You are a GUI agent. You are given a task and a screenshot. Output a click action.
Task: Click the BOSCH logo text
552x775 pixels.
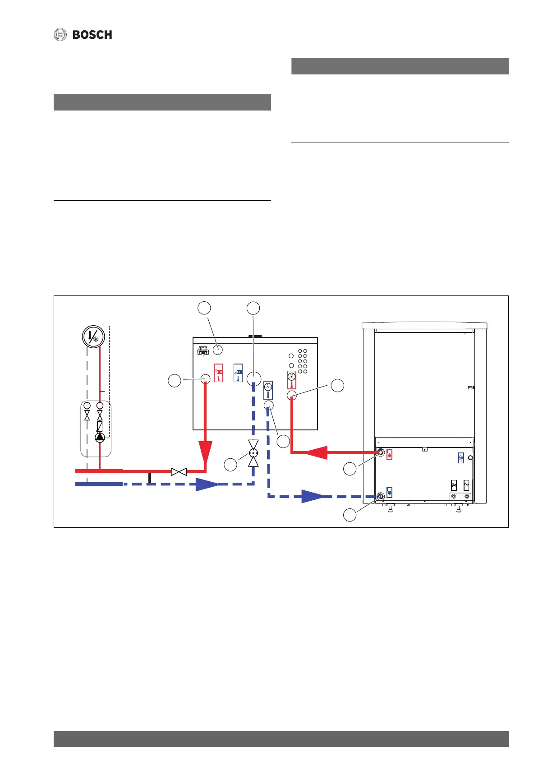(x=92, y=35)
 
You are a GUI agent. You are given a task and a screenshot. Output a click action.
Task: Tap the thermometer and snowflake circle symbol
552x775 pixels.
(x=93, y=337)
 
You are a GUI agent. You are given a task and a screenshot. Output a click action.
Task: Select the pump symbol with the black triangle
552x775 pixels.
(x=100, y=437)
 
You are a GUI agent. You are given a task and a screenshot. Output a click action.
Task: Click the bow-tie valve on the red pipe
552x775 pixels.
(x=179, y=472)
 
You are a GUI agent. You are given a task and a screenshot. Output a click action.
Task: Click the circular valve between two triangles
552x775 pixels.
(x=253, y=453)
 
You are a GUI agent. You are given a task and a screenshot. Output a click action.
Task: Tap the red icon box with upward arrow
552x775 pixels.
(x=390, y=454)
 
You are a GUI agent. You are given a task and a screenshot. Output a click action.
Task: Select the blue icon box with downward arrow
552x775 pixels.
(x=390, y=492)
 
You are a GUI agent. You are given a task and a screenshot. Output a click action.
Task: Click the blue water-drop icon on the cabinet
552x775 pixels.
(x=461, y=457)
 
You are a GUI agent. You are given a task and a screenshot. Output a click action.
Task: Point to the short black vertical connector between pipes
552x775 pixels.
(x=150, y=478)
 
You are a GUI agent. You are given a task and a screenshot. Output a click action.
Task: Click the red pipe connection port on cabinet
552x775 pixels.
(x=381, y=452)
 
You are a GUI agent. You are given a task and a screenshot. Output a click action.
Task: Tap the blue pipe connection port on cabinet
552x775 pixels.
(x=381, y=496)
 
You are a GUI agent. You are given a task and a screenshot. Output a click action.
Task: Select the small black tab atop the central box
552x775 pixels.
(x=255, y=336)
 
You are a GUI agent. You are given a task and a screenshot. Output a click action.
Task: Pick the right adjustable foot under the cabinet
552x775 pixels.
(x=458, y=508)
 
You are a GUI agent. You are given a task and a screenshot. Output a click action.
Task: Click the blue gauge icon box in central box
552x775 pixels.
(x=268, y=390)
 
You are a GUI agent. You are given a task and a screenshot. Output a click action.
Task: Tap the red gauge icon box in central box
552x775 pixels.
(x=291, y=380)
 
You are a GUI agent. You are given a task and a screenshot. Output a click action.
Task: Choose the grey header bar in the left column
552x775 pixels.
(x=162, y=102)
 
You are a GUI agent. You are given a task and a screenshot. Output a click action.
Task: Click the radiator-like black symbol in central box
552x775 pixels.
(x=203, y=350)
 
